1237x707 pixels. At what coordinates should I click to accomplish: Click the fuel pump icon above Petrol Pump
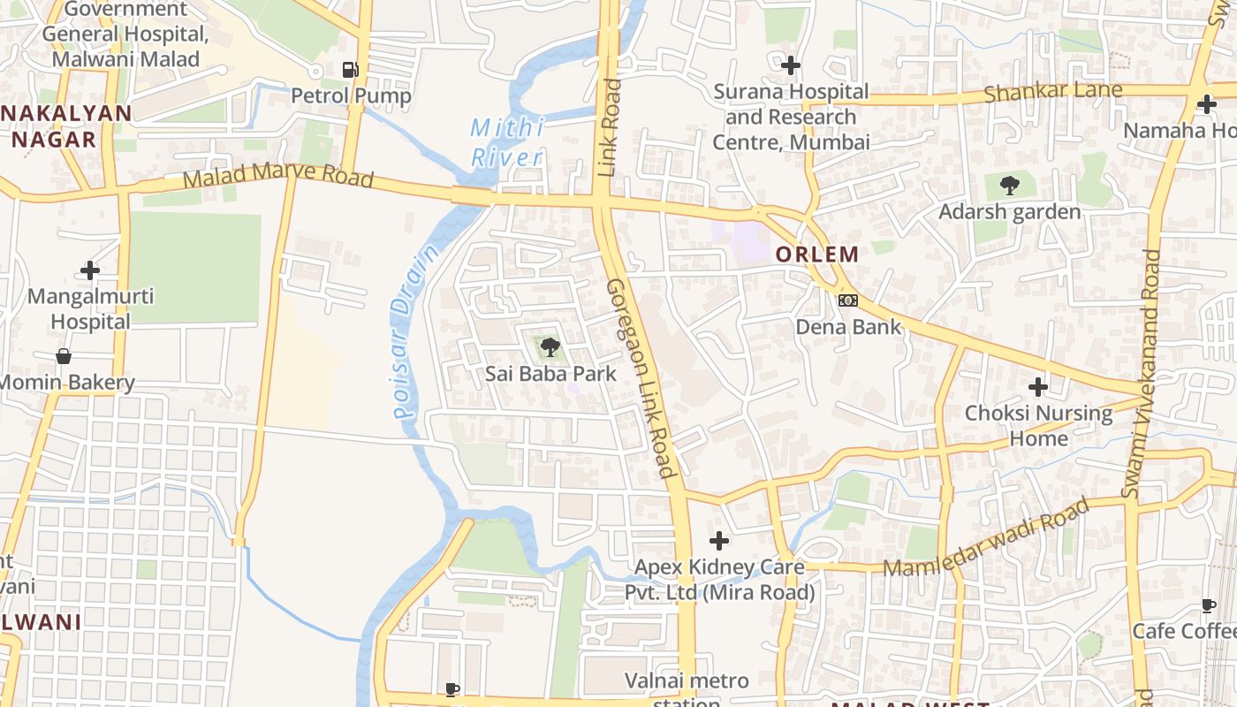[350, 69]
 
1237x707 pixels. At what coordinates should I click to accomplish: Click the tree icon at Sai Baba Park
[550, 346]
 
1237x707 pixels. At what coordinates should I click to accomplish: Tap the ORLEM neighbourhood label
[816, 255]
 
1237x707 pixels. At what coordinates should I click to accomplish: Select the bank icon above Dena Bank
[848, 300]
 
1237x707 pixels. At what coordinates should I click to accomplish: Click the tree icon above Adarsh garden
[1009, 186]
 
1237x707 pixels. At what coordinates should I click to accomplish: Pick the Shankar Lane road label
[1053, 91]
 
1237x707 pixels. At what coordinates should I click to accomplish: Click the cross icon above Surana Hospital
[791, 65]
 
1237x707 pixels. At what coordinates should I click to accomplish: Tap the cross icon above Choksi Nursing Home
[1038, 386]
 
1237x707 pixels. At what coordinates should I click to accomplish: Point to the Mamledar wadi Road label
[986, 539]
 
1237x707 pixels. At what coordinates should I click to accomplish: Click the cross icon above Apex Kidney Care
[719, 540]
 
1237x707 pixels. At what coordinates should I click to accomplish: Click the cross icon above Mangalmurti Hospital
[90, 270]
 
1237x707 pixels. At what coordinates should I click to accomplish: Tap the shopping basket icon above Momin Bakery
[64, 356]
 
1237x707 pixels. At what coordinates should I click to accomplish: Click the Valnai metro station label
[687, 689]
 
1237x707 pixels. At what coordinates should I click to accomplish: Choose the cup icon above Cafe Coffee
[1209, 605]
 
